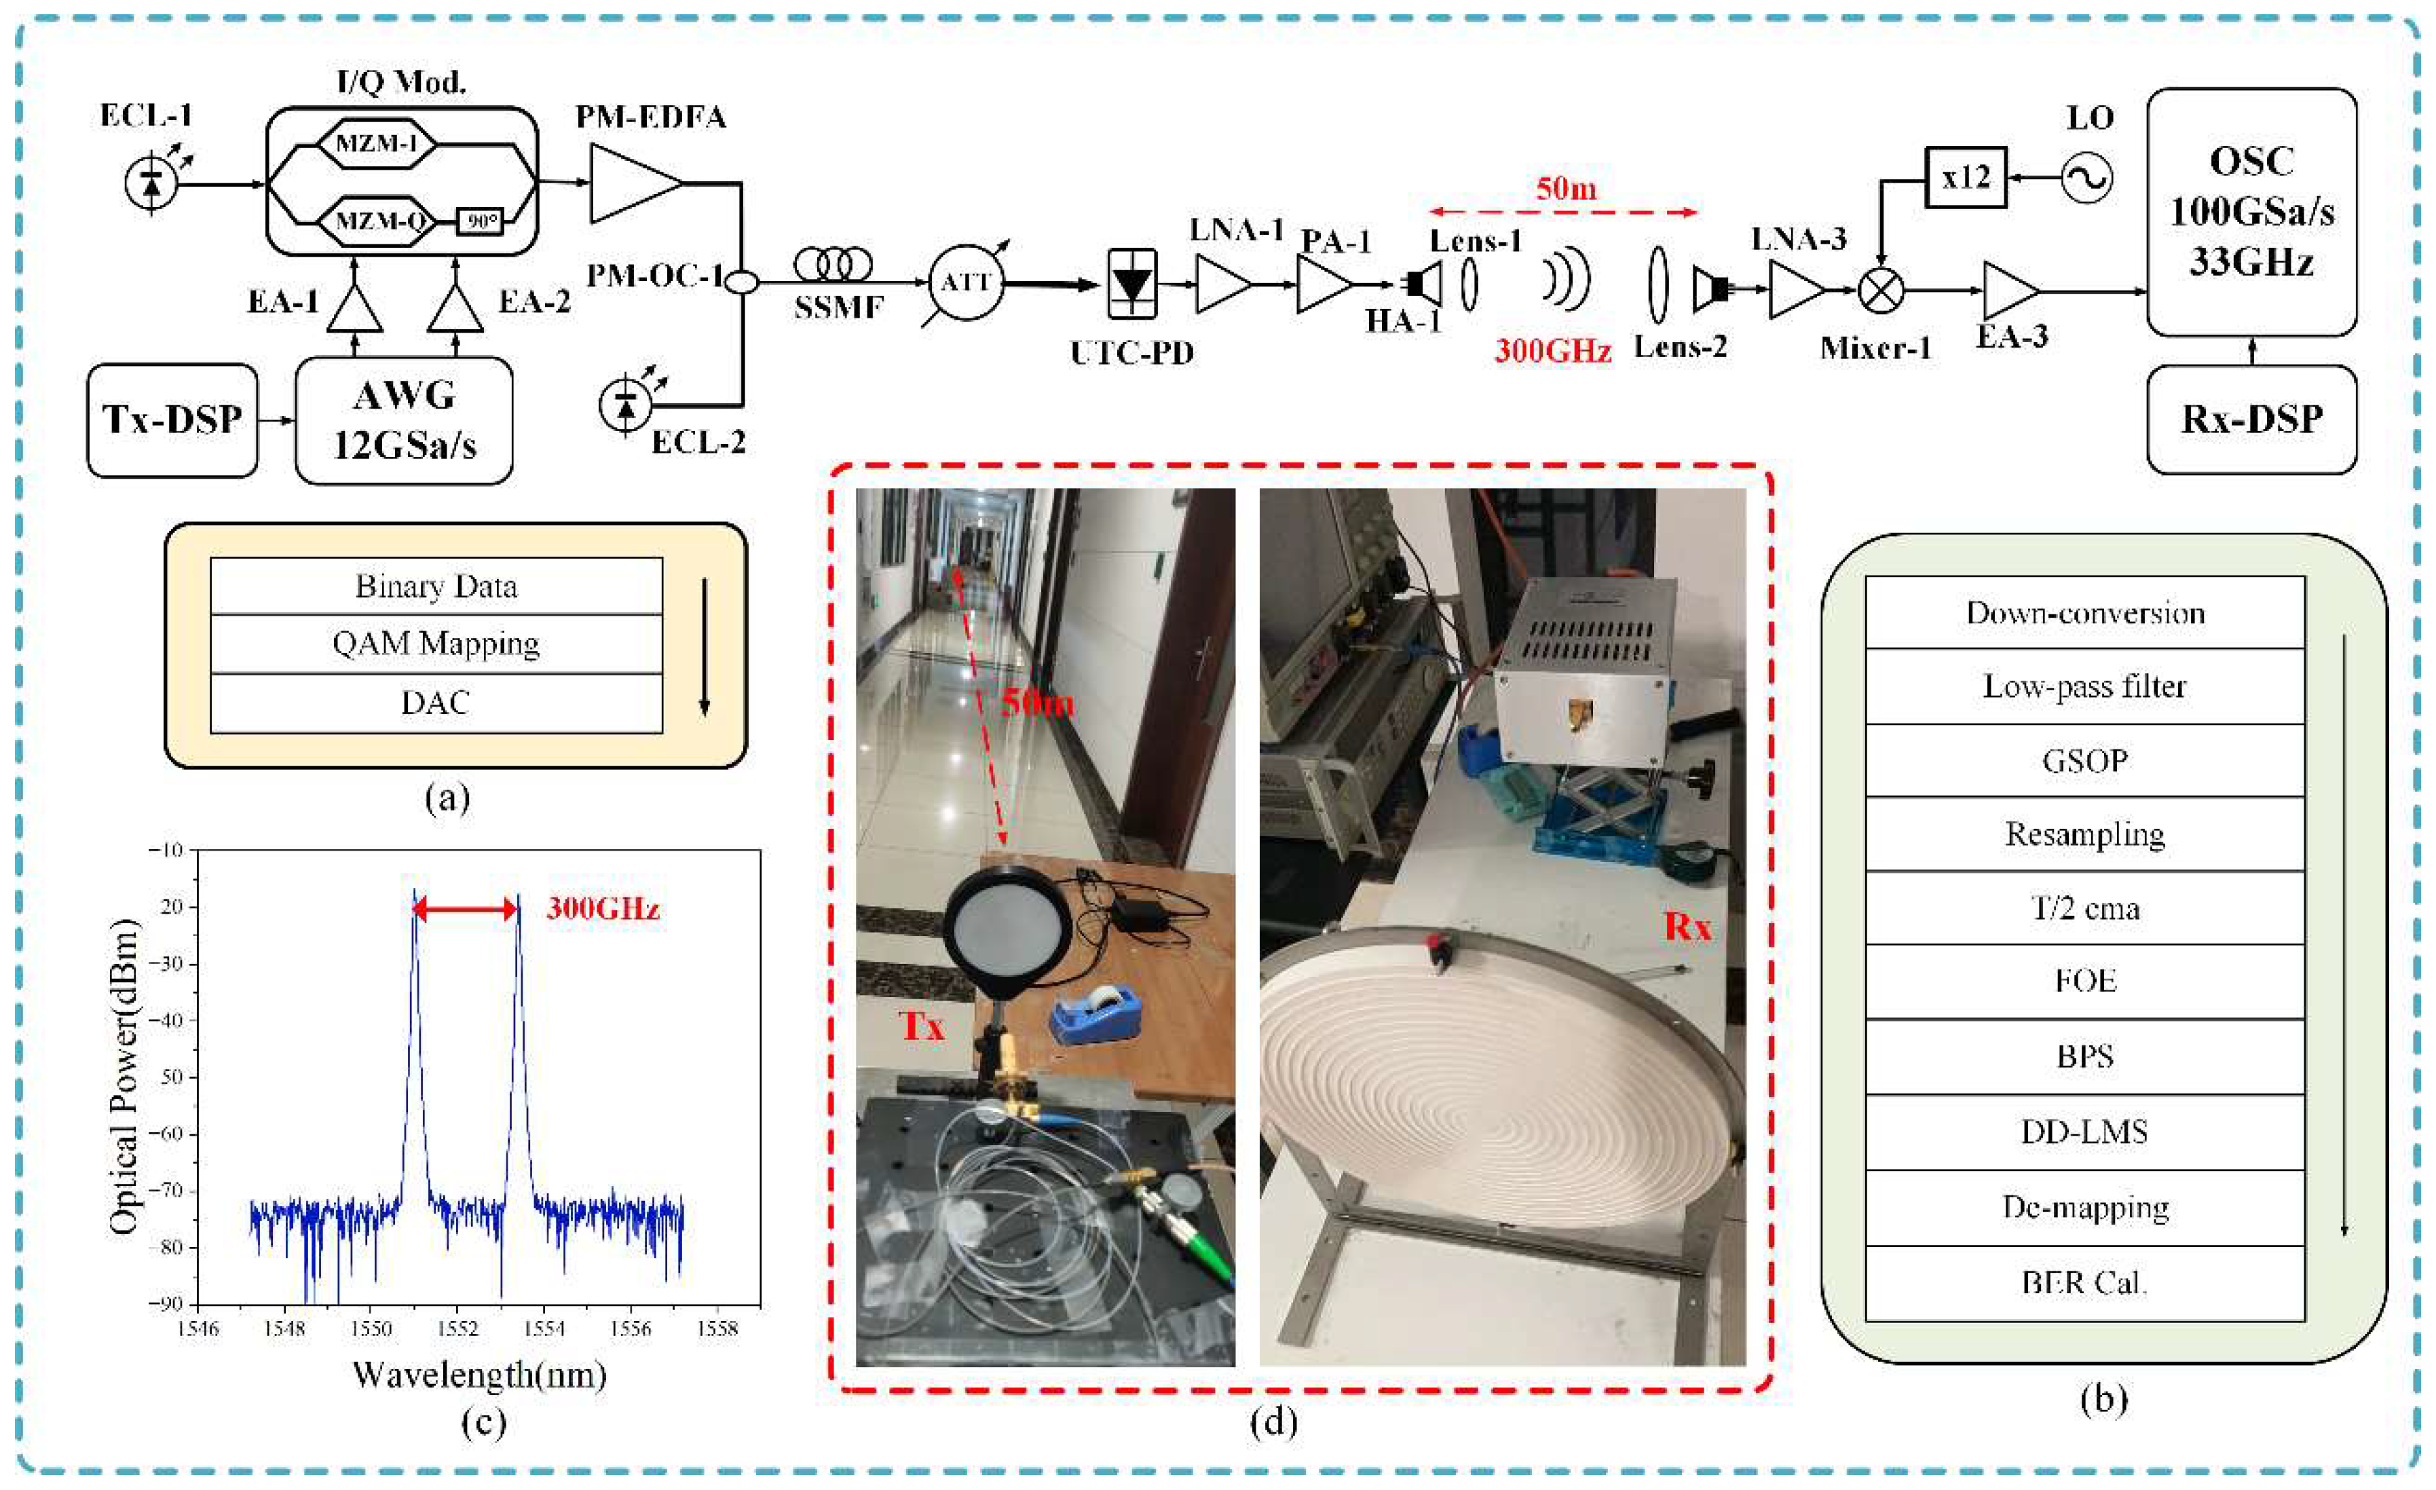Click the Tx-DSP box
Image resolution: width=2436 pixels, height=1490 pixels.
172,420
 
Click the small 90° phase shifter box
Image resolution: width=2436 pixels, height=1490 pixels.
481,221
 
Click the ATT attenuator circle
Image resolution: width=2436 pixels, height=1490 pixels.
965,283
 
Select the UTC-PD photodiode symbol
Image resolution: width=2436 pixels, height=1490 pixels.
1132,284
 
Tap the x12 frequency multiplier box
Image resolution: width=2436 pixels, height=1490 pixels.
1966,177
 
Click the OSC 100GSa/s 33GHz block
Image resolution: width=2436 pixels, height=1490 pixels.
2251,212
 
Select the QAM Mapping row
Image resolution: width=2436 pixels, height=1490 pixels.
436,644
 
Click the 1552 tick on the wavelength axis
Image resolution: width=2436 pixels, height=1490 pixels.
457,1328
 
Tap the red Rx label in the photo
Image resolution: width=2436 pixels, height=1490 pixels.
1687,927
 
